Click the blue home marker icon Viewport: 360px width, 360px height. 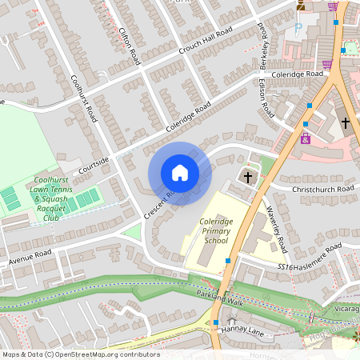[180, 173]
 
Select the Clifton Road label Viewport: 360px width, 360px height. [128, 46]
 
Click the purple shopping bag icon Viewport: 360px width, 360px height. [326, 65]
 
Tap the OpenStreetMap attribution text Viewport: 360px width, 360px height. [81, 354]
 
